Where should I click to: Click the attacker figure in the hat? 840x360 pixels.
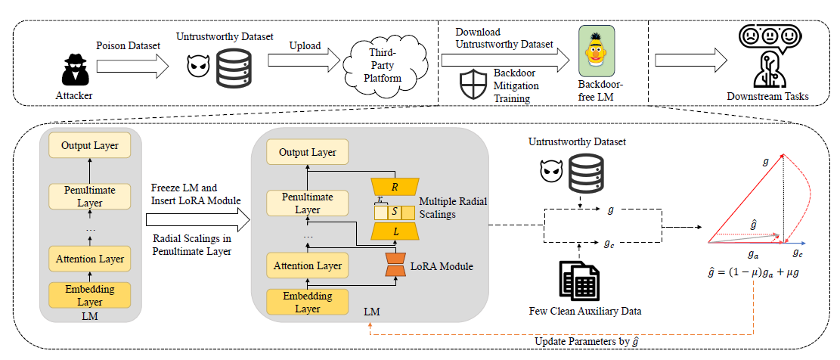coord(73,69)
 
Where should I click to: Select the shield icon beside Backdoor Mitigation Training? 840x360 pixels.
coord(473,84)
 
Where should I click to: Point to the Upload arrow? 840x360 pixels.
coord(304,60)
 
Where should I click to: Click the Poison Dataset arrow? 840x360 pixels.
coord(133,66)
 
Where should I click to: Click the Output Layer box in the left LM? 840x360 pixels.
coord(89,146)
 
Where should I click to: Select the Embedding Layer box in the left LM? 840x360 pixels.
coord(89,295)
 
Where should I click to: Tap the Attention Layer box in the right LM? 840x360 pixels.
coord(308,265)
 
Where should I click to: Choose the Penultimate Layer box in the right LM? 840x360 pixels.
coord(308,203)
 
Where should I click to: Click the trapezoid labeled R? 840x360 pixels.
coord(395,186)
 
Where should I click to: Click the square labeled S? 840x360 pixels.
coord(394,213)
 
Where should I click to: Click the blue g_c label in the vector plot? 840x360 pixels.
coord(798,253)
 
